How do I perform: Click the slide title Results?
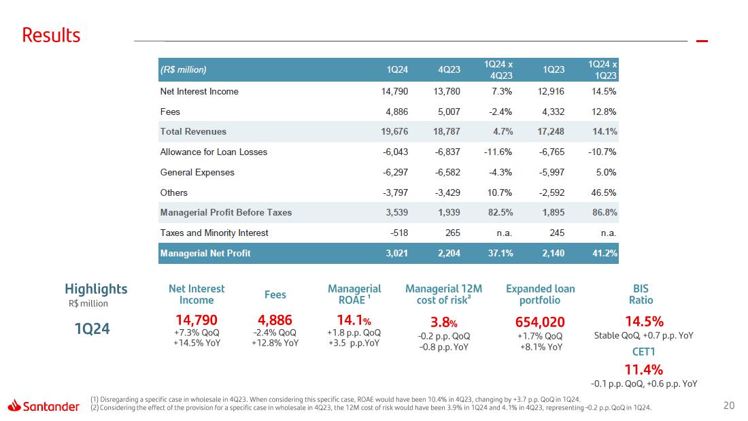click(x=51, y=35)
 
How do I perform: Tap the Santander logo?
click(x=44, y=406)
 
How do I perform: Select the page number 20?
click(x=729, y=406)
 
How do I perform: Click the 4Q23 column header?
click(x=449, y=70)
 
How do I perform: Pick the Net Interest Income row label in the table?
click(x=199, y=91)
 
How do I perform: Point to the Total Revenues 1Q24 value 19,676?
click(x=393, y=131)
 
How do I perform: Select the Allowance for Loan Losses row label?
click(x=214, y=152)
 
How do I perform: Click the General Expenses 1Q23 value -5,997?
click(x=551, y=172)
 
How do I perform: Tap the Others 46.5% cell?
click(x=604, y=192)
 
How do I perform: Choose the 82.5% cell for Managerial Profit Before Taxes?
click(x=499, y=212)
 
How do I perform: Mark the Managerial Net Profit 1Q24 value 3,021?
click(x=394, y=253)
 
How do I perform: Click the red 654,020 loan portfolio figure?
click(x=541, y=322)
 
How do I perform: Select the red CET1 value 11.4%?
click(x=643, y=370)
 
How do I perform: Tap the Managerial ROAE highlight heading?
click(x=354, y=294)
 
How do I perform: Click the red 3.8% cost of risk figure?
click(x=443, y=322)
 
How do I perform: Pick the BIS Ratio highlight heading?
click(x=641, y=294)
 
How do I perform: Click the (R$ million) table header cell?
click(x=184, y=70)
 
